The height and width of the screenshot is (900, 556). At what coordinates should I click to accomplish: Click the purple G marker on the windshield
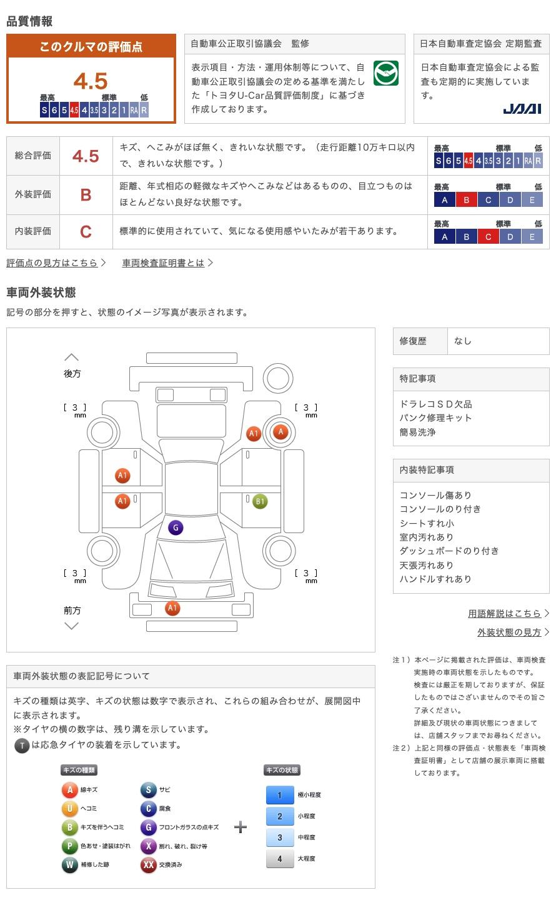[176, 528]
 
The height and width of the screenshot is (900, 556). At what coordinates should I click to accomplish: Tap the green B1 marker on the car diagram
[260, 501]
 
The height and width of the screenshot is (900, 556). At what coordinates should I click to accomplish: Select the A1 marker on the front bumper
[172, 608]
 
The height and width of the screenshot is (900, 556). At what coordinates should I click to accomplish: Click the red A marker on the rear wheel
[280, 431]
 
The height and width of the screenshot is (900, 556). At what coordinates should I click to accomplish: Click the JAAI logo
[522, 109]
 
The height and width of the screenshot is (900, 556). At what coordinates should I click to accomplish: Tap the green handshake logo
[385, 74]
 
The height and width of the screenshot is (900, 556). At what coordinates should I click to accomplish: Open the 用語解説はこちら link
[504, 614]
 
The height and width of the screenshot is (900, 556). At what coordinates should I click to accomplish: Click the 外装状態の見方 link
[509, 632]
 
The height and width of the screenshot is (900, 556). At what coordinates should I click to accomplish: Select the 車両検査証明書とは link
[163, 263]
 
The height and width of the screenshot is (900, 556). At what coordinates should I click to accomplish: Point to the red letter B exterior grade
[86, 195]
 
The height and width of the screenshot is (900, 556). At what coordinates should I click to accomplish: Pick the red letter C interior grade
[86, 232]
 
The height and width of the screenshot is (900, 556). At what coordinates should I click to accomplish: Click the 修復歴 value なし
[463, 341]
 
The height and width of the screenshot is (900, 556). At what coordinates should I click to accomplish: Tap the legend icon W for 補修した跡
[69, 865]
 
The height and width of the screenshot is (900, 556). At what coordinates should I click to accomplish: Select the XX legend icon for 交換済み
[148, 865]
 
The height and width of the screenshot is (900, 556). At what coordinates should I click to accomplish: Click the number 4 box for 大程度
[279, 859]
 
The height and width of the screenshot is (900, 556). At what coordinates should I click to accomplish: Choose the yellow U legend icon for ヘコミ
[69, 809]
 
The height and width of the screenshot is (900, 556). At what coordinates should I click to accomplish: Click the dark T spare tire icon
[22, 746]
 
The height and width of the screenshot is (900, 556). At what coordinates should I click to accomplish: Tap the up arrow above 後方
[72, 357]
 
